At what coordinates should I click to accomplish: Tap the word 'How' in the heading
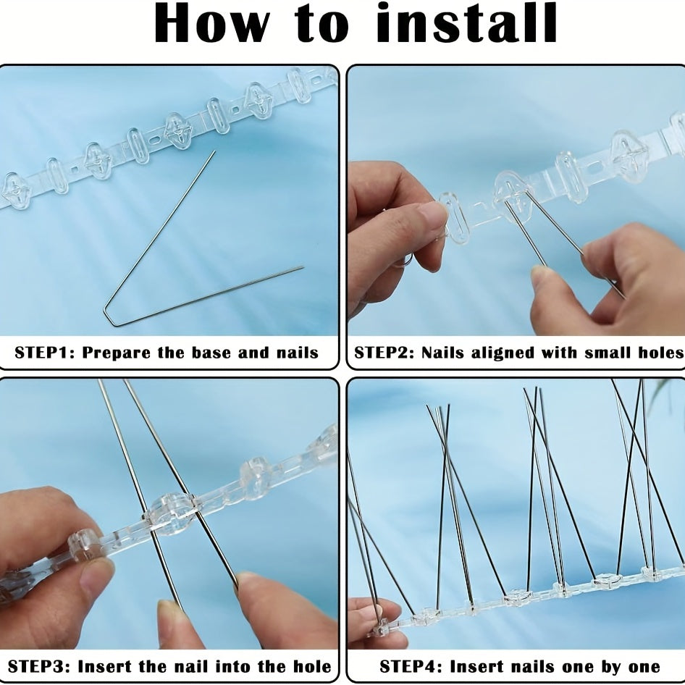tap(210, 26)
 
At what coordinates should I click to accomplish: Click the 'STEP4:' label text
tap(411, 666)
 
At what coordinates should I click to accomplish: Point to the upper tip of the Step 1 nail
tap(214, 152)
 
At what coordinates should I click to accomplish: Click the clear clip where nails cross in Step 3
tap(172, 513)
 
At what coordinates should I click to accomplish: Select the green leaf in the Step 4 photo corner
tap(673, 395)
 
